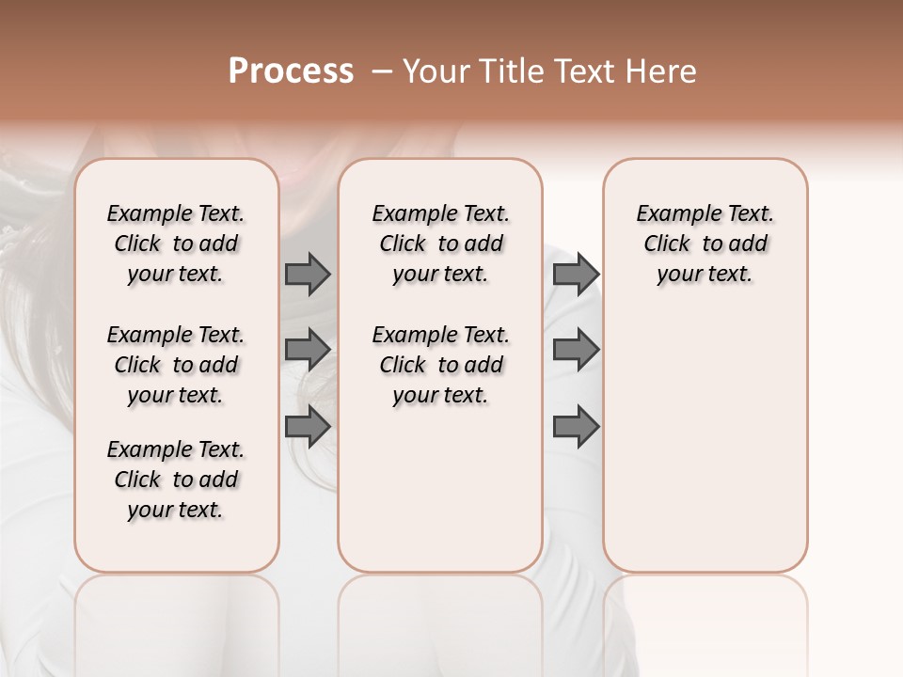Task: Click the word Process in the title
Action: [x=291, y=71]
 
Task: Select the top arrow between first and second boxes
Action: [x=308, y=274]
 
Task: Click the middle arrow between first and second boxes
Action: [x=308, y=350]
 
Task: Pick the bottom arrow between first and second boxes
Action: [x=308, y=426]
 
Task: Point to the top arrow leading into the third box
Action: [x=576, y=274]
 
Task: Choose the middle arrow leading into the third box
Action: [x=576, y=350]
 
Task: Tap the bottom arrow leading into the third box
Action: [x=576, y=426]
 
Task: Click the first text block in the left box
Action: [x=176, y=244]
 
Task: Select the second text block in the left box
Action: [x=176, y=365]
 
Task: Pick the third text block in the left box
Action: [x=176, y=480]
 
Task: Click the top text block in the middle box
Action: [x=440, y=244]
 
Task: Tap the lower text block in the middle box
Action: [x=440, y=365]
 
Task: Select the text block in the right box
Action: [x=705, y=244]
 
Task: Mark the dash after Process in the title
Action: [x=383, y=71]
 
